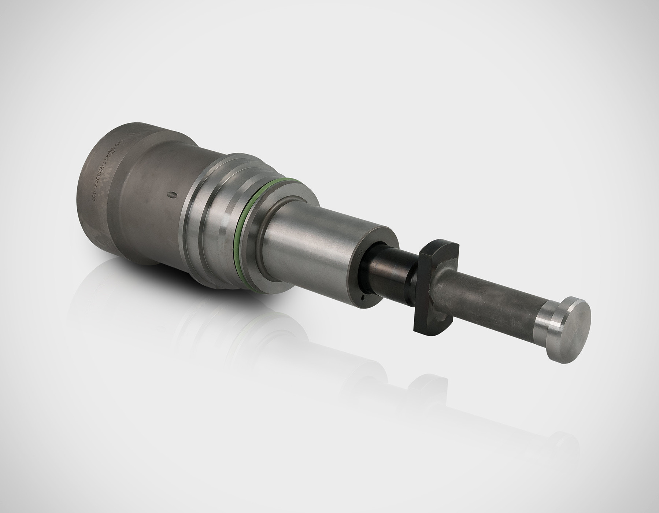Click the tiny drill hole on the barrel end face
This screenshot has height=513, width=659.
362,298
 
